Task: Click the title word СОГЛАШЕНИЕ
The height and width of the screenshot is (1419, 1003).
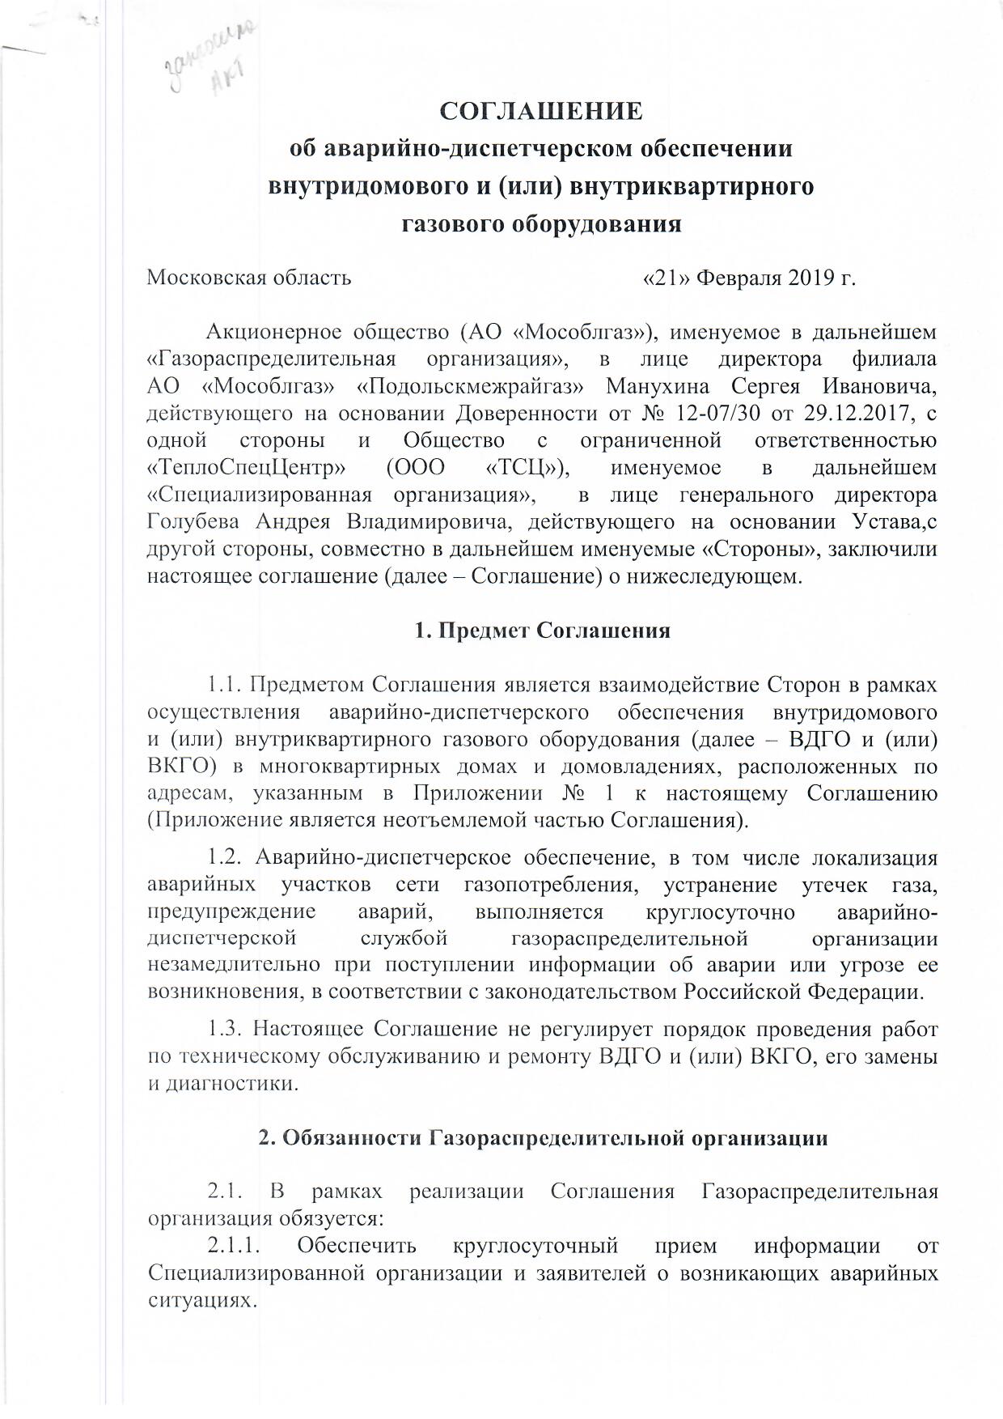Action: [541, 111]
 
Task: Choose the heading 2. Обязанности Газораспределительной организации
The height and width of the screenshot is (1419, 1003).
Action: [542, 1137]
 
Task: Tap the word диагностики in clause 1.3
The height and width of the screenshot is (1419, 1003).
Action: [230, 1084]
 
